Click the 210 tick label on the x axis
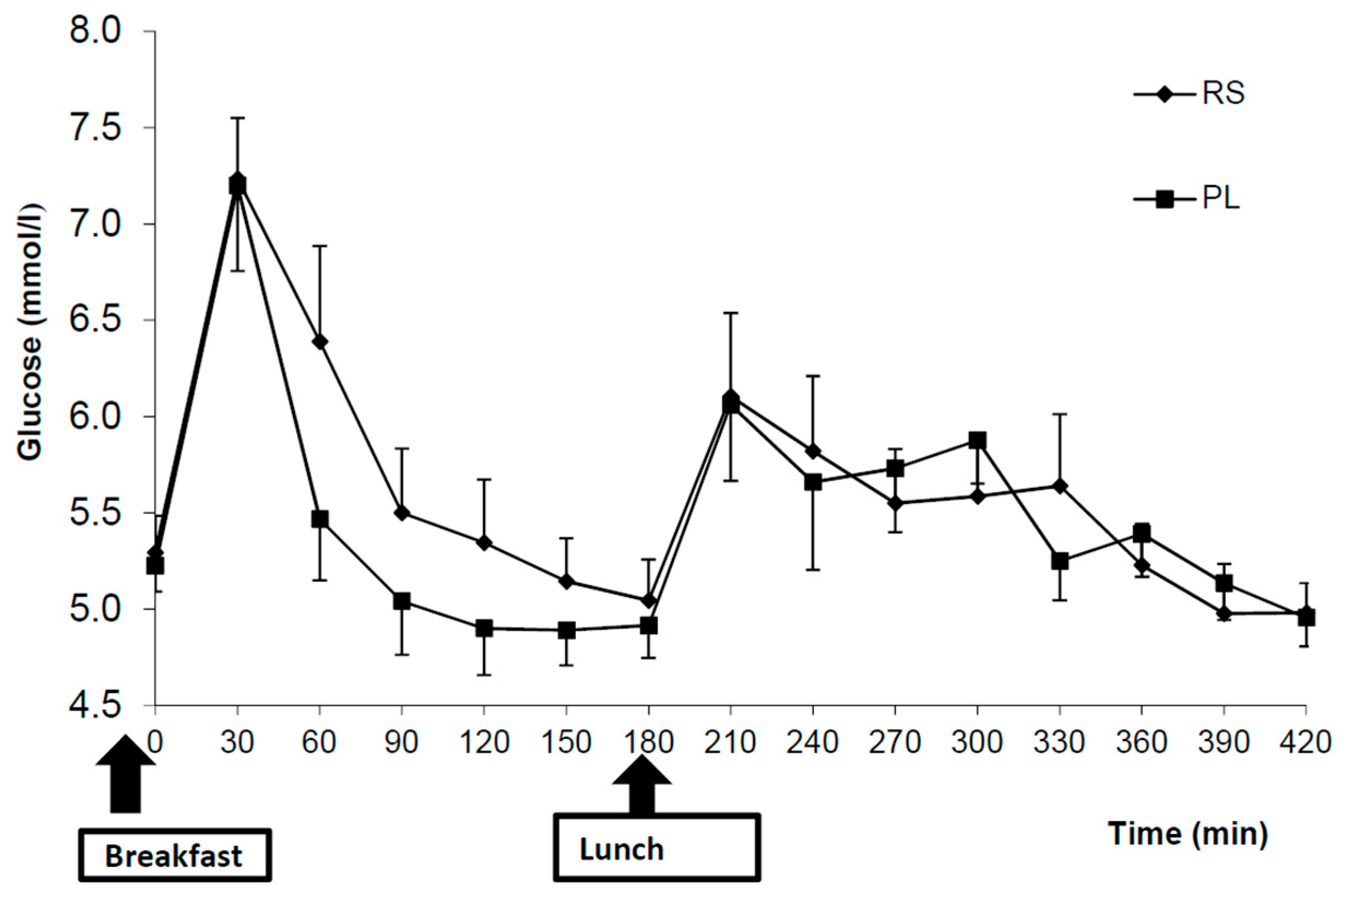pos(730,742)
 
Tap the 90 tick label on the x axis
pos(402,742)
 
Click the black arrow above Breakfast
pos(126,776)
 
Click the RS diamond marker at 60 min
pos(320,342)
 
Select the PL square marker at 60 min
pos(320,519)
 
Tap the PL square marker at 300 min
pos(977,441)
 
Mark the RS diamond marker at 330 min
pos(1059,486)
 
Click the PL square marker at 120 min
pos(484,628)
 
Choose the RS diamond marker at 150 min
pos(567,581)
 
